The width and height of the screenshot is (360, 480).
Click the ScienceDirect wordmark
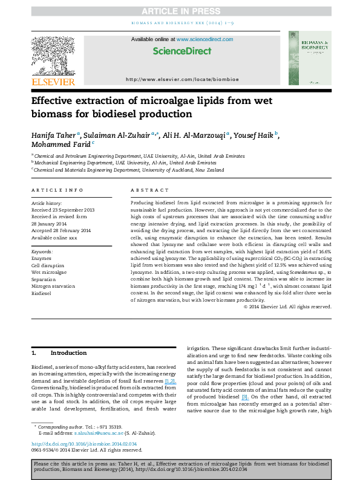(179, 51)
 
